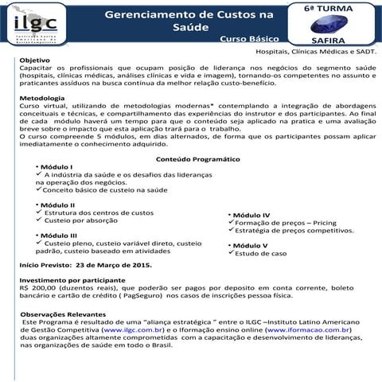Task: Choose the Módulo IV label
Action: click(x=251, y=216)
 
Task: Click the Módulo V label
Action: click(x=250, y=245)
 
